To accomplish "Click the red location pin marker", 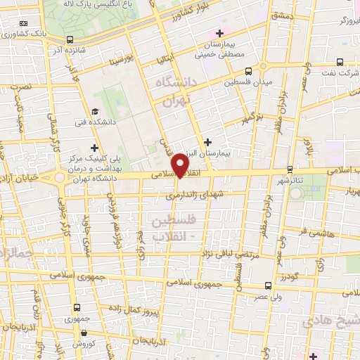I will click(181, 165).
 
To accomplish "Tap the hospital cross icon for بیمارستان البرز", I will click(207, 142).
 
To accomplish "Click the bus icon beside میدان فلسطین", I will click(247, 71).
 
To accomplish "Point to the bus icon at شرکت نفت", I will click(340, 61).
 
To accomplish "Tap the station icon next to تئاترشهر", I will click(290, 169).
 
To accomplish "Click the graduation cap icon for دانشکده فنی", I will click(95, 112).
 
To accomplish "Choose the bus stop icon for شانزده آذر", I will click(70, 39).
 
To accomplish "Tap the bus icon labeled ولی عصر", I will click(268, 285).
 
